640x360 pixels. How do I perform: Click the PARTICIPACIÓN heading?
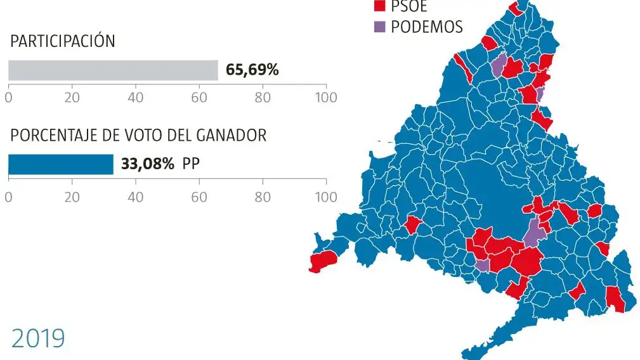point(63,42)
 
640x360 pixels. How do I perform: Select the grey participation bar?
point(113,70)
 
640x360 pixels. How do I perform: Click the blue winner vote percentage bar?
point(60,164)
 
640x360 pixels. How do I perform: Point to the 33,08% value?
point(147,165)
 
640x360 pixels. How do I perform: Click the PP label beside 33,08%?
point(190,165)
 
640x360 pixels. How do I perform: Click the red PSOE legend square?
point(380,6)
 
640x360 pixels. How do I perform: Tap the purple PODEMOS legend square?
point(380,27)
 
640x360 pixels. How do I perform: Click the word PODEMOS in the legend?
point(427,27)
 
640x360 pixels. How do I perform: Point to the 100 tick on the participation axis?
point(326,98)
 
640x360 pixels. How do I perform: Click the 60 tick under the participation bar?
point(199,98)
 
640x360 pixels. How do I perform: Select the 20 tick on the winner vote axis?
point(72,197)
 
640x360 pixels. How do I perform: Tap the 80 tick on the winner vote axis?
point(263,197)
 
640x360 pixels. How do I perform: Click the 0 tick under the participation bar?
point(9,98)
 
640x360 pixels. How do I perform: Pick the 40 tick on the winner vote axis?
point(136,197)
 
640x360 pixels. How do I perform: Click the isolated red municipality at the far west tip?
point(322,261)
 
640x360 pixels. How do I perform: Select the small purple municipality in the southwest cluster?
point(483,265)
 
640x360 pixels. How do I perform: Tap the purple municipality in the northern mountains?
point(498,65)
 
